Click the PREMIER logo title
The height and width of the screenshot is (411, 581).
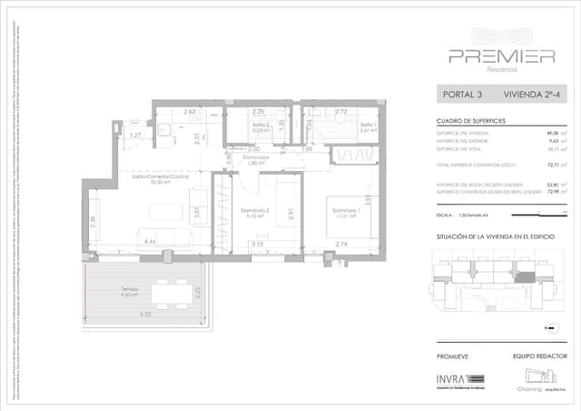click(x=501, y=55)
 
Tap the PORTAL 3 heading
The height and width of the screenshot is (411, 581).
click(x=462, y=94)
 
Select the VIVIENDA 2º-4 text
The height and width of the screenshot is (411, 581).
click(x=535, y=94)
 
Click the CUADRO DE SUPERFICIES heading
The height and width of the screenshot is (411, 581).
click(x=470, y=121)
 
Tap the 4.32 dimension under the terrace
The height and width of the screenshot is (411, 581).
click(x=145, y=315)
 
